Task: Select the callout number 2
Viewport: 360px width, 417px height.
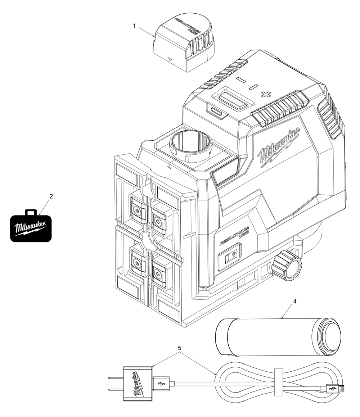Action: pyautogui.click(x=51, y=196)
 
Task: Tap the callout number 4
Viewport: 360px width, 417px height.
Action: pyautogui.click(x=295, y=302)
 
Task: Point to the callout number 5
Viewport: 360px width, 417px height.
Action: pyautogui.click(x=180, y=348)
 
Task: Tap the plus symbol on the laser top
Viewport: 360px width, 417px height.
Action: pyautogui.click(x=266, y=94)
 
